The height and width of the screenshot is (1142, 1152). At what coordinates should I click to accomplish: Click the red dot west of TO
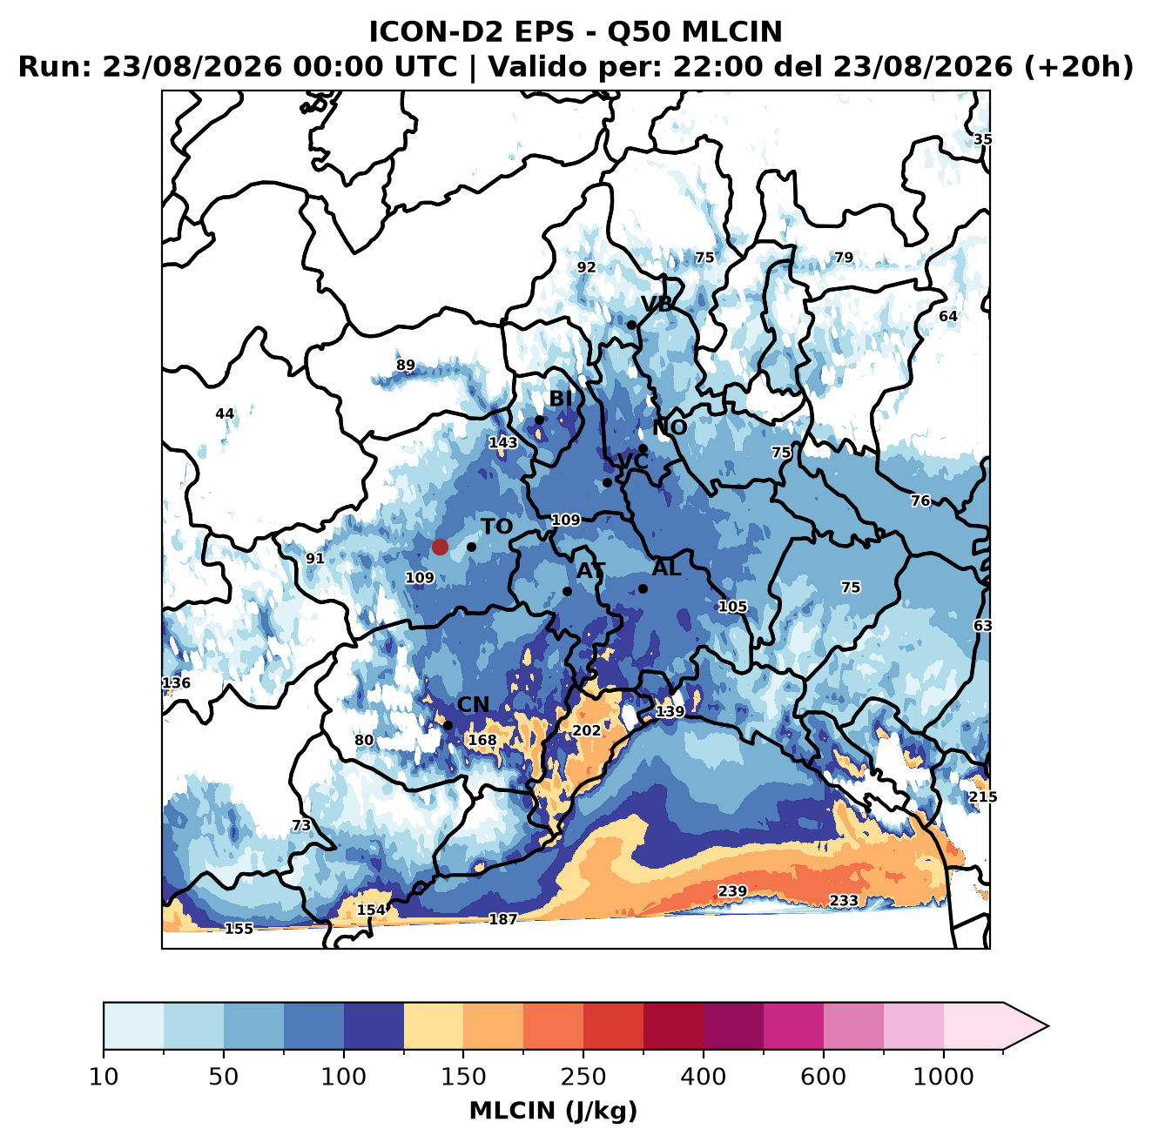click(440, 547)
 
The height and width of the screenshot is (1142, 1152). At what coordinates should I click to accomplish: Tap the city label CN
click(473, 704)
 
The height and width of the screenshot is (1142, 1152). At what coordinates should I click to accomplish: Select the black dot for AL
click(643, 588)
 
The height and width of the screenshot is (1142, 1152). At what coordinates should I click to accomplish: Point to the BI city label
click(560, 399)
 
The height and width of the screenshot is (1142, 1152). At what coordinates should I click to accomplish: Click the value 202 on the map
click(587, 730)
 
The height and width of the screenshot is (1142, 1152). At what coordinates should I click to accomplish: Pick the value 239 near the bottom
click(732, 891)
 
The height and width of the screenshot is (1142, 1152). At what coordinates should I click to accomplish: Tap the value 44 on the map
click(225, 413)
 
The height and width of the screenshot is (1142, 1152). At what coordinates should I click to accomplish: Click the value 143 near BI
click(502, 443)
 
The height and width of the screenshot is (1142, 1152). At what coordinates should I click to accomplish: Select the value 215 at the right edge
click(983, 796)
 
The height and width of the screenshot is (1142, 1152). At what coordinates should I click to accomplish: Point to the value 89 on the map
click(405, 365)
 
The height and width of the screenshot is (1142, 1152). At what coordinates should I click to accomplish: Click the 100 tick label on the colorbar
click(344, 1077)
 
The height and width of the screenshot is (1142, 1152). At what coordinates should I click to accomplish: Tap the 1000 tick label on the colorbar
click(943, 1077)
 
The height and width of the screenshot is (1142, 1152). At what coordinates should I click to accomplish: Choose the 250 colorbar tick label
click(583, 1077)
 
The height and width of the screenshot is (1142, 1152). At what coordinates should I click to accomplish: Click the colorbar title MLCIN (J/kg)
click(553, 1111)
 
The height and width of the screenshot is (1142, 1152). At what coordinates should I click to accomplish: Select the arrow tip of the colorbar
click(1048, 1026)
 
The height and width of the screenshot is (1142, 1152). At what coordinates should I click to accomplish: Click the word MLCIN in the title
click(731, 32)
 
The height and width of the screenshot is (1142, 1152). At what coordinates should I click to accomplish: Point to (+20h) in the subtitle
click(1079, 67)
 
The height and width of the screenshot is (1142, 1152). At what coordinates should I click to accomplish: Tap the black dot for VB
click(631, 325)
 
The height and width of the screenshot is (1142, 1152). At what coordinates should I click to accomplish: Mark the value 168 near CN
click(482, 740)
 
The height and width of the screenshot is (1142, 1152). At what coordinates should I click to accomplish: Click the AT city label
click(590, 571)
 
